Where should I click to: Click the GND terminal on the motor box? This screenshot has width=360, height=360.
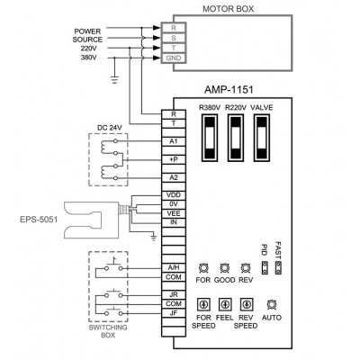pos(174,58)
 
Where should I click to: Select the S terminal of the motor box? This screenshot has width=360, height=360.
pos(174,38)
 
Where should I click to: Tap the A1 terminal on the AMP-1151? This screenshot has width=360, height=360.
pos(174,141)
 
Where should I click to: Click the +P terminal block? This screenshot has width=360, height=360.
pos(174,159)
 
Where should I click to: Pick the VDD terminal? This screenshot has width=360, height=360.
pos(174,195)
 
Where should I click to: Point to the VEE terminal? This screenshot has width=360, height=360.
pos(174,213)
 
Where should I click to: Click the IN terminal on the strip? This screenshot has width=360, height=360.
pos(174,222)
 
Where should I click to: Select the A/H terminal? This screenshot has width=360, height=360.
pos(174,267)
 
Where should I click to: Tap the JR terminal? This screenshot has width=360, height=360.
pos(174,294)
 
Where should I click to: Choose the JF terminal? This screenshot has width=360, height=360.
pos(174,313)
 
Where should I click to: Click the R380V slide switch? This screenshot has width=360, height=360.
pos(210,138)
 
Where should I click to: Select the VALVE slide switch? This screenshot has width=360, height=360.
pos(262,138)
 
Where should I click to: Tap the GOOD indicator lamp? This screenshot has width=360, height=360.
pos(223,267)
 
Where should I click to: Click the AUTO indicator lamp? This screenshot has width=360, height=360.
pos(272,305)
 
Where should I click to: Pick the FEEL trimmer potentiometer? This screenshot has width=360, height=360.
pos(224,305)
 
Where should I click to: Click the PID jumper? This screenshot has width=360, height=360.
pos(265,267)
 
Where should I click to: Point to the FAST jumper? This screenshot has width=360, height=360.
pos(278,267)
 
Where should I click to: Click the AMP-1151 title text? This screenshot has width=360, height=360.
pos(229,89)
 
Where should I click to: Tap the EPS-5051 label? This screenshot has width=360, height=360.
pos(39,220)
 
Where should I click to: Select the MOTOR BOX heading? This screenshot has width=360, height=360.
pos(229,9)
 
